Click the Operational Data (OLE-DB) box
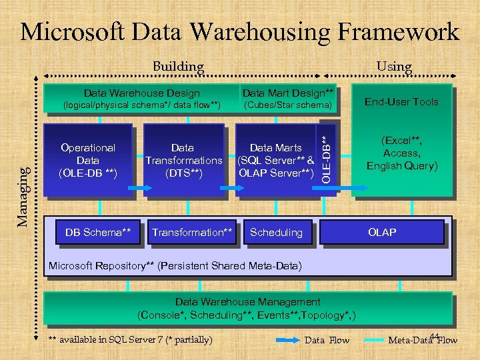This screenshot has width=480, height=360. click(x=87, y=161)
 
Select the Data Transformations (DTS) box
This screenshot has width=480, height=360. click(x=183, y=161)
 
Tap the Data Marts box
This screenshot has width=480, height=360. click(x=275, y=161)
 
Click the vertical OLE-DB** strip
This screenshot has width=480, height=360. click(x=325, y=158)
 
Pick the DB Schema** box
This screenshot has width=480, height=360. click(x=98, y=233)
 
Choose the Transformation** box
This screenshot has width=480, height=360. click(x=193, y=233)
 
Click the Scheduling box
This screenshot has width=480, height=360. click(x=276, y=233)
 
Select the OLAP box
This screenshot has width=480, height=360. click(x=382, y=233)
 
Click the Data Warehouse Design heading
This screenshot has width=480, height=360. click(x=141, y=93)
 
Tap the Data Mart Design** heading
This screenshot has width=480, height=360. click(x=288, y=93)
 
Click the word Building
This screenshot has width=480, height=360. click(x=178, y=67)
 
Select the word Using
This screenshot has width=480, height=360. click(x=394, y=66)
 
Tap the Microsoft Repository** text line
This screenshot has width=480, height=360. click(x=175, y=267)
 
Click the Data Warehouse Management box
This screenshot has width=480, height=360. click(x=247, y=308)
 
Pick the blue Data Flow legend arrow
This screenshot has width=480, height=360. click(x=288, y=340)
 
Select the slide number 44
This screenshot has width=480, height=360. click(x=435, y=336)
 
